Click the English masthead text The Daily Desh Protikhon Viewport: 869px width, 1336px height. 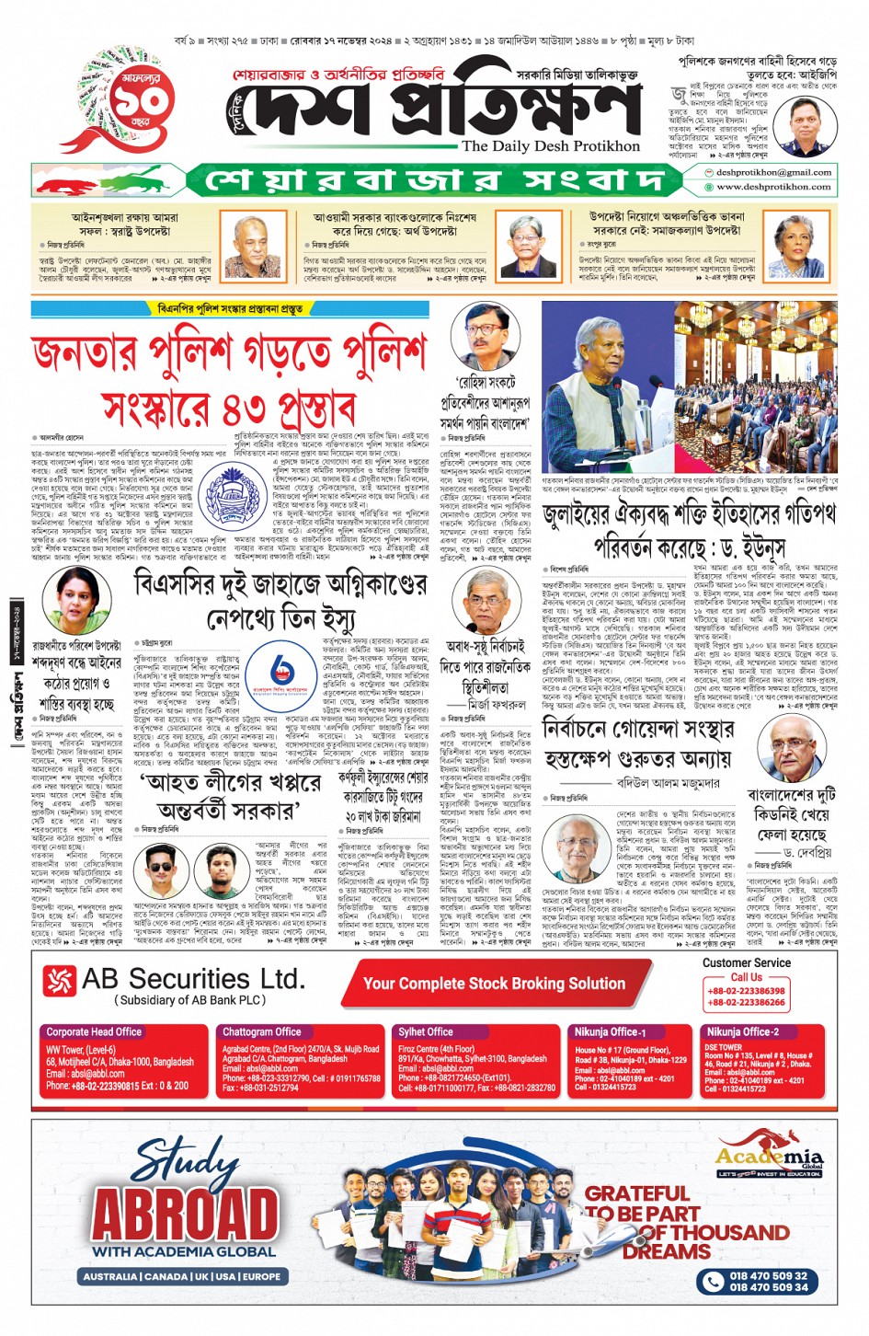click(x=551, y=146)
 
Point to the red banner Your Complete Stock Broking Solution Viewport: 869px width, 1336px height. click(x=494, y=984)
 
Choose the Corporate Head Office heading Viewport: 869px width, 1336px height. click(x=94, y=1031)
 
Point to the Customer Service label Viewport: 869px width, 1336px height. click(x=746, y=962)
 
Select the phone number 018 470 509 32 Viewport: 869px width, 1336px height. click(x=768, y=1276)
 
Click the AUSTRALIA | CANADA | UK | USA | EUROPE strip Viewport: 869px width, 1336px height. click(x=182, y=1276)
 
